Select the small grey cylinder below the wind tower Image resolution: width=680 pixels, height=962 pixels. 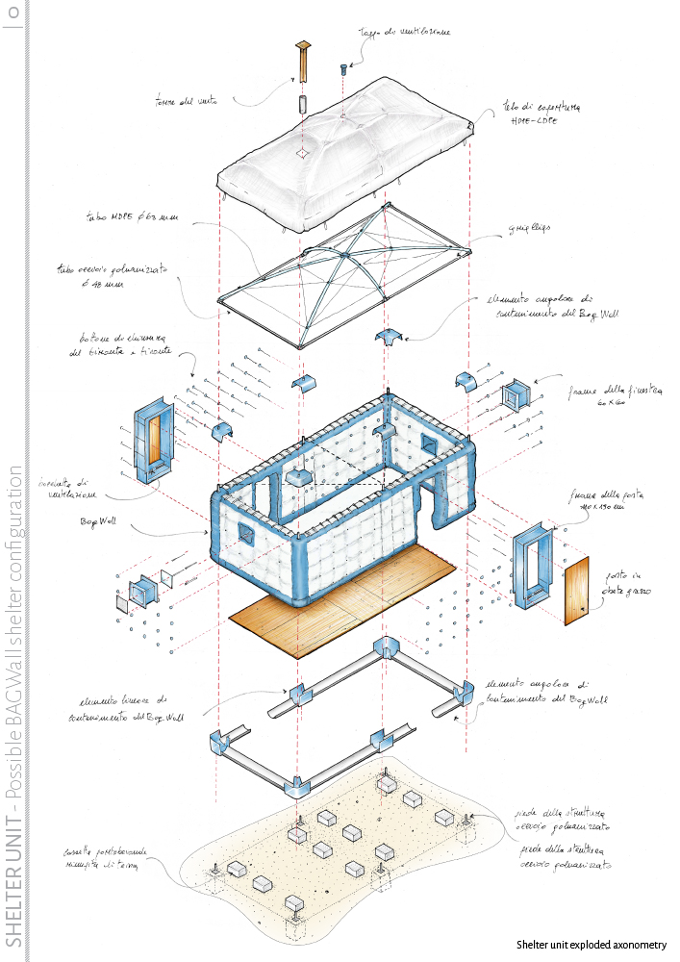tap(301, 103)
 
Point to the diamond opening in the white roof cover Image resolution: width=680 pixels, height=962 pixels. tap(301, 153)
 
